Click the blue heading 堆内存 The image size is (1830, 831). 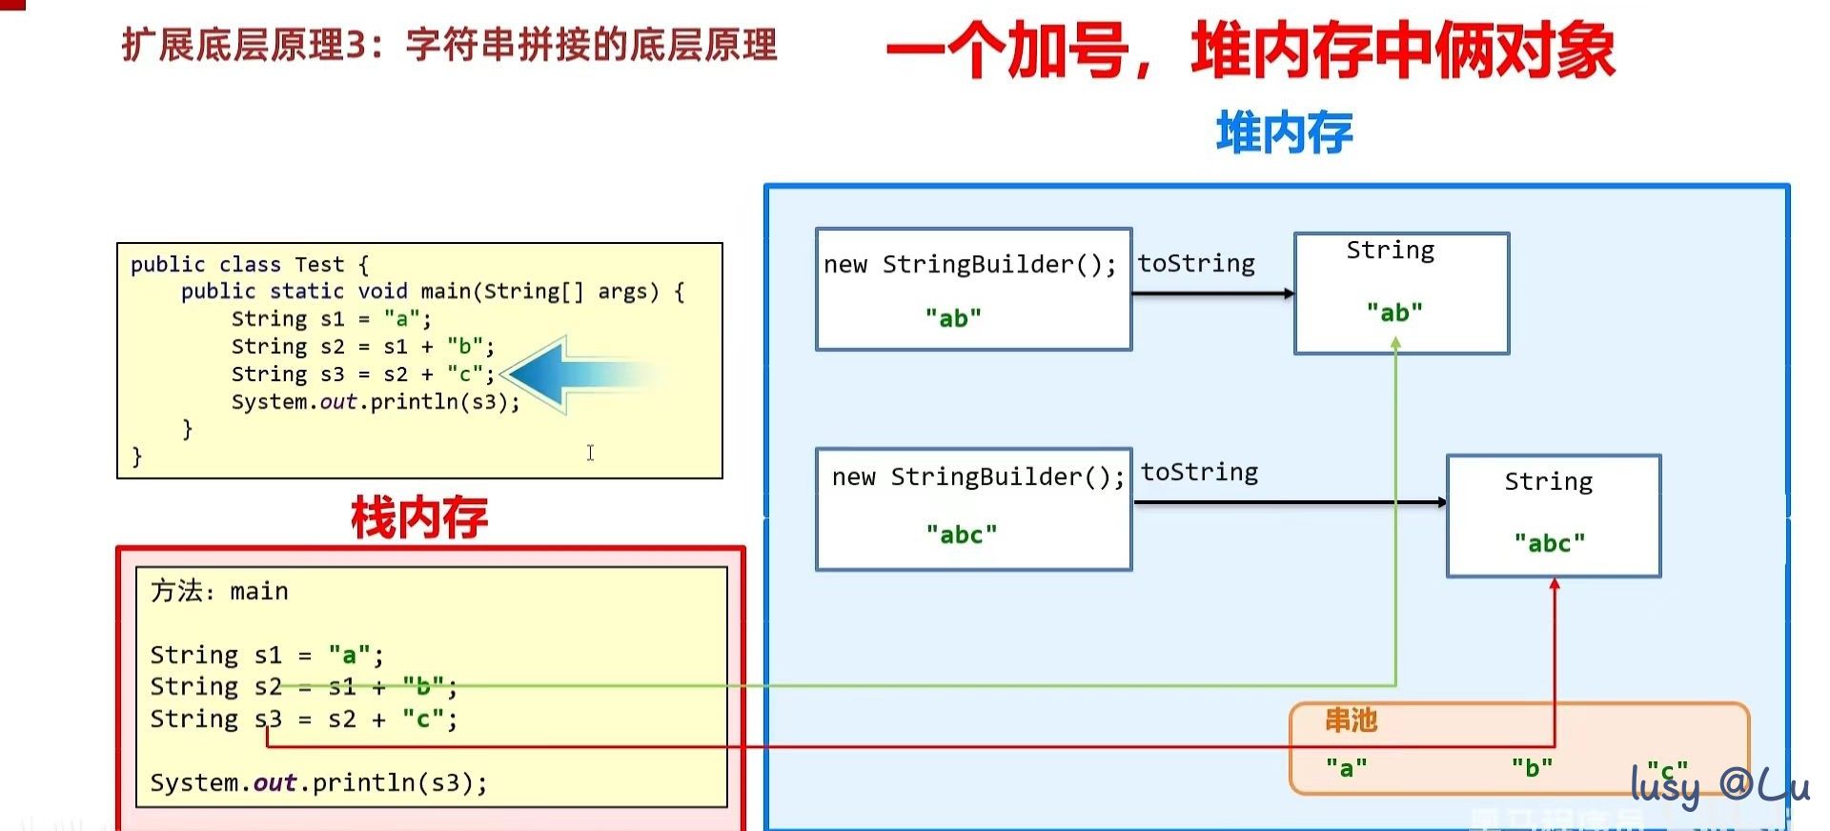(x=1284, y=132)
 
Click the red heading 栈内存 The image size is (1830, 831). (x=419, y=518)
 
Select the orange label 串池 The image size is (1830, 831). (x=1351, y=720)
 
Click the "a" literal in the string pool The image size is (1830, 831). (x=1346, y=767)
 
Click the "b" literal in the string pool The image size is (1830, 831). (x=1532, y=767)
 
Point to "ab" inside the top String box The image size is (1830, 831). (x=1394, y=313)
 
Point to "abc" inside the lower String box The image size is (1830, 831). (x=1550, y=543)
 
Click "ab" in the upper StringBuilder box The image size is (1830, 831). (x=953, y=318)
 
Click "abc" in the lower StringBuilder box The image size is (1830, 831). (x=962, y=535)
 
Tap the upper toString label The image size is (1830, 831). (x=1196, y=263)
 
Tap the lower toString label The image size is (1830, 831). (x=1199, y=472)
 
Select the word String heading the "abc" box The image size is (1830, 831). (x=1548, y=481)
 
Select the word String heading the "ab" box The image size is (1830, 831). (x=1390, y=251)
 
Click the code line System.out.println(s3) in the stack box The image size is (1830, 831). (x=318, y=782)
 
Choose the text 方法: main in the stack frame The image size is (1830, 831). (x=219, y=591)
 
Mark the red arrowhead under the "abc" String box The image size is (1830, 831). (x=1555, y=584)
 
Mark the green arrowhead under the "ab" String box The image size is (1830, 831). (x=1395, y=344)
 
